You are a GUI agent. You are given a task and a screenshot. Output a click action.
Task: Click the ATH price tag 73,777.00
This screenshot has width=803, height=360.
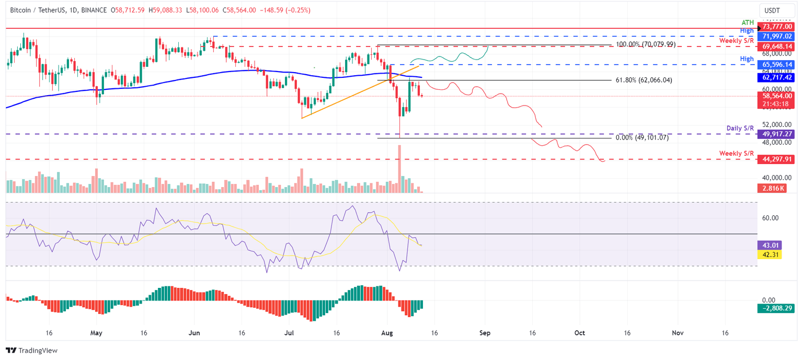click(776, 27)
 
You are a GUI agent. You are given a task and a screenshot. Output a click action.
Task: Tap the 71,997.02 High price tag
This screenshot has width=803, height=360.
click(776, 36)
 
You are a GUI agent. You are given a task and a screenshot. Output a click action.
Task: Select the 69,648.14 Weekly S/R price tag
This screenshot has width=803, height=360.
click(776, 46)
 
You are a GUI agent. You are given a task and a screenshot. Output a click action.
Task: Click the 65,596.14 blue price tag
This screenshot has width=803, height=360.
click(776, 65)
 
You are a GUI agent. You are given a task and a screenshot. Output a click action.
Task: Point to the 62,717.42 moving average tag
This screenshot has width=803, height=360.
click(776, 77)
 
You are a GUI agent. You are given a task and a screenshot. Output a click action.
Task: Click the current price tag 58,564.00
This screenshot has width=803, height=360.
click(776, 96)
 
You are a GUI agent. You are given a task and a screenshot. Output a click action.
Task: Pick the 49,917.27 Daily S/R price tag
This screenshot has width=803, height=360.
click(776, 134)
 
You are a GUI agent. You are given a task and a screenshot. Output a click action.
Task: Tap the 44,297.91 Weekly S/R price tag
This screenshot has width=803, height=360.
click(776, 159)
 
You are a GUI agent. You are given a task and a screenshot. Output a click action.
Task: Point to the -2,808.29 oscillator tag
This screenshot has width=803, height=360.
click(776, 309)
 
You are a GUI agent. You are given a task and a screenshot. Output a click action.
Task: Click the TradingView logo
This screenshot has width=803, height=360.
click(31, 351)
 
